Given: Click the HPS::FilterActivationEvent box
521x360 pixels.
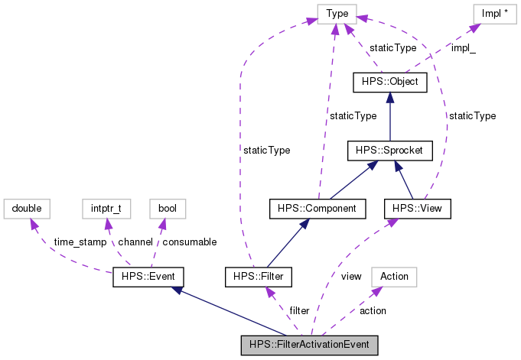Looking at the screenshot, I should (x=309, y=345).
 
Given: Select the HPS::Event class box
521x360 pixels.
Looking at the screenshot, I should (x=148, y=276).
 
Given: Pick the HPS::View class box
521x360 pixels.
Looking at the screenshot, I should (x=417, y=207).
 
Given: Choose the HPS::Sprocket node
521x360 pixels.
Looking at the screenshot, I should (x=389, y=151).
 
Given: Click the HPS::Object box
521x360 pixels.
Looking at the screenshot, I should (x=389, y=81).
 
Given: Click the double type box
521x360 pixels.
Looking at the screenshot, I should (x=26, y=207).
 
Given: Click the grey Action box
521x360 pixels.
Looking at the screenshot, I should (x=395, y=276).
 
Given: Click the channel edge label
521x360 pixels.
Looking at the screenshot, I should (x=135, y=242).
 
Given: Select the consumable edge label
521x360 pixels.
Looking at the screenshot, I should (x=189, y=242).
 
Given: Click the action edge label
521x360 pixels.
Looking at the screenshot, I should (x=373, y=310).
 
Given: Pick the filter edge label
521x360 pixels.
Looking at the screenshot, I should (x=298, y=310).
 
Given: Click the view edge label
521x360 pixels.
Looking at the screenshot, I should (x=351, y=276).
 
